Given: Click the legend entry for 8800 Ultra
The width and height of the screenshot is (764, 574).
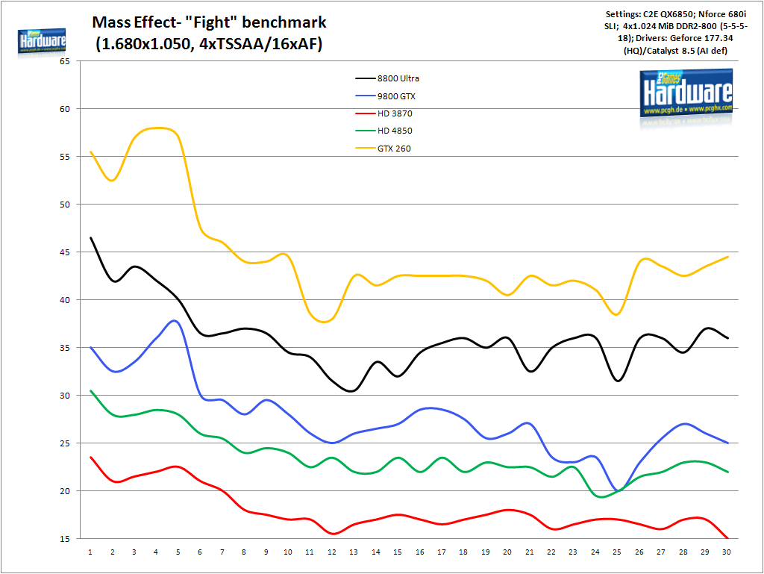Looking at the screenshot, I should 404,78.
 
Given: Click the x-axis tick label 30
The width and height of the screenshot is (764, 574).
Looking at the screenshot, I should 727,552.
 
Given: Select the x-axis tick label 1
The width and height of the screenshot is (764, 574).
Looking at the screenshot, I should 90,552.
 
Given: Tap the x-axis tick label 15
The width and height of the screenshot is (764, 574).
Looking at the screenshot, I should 398,552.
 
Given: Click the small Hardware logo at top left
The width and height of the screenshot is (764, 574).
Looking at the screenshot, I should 42,43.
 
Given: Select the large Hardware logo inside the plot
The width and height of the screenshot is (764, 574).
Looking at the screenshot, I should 686,93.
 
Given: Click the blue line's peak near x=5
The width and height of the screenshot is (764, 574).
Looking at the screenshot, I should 175,320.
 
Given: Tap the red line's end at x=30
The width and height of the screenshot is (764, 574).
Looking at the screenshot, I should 727,538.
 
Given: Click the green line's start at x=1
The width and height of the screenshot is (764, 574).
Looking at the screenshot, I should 90,390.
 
